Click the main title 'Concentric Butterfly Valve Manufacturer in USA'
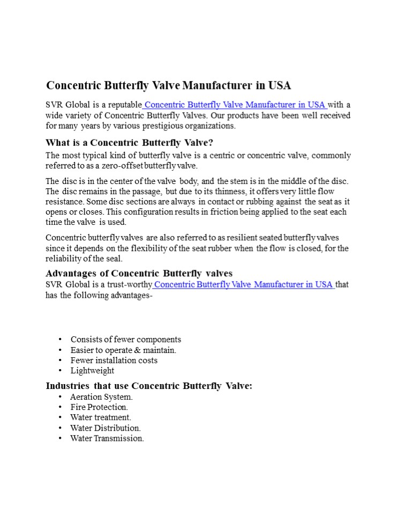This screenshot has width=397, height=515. pos(168,85)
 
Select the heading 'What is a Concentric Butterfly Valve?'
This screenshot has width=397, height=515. pos(130,143)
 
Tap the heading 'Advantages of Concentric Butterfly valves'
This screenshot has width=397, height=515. pos(139,273)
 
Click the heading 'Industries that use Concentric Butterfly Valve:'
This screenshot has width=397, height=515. pos(149,386)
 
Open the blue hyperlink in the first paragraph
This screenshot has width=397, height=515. pos(235,105)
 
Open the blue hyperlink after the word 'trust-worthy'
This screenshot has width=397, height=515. pos(244,284)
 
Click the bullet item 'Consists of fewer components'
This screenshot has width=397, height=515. pos(126,340)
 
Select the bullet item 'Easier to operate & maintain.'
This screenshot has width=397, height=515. pos(123,350)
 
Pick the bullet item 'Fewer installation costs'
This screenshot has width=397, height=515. pos(114,360)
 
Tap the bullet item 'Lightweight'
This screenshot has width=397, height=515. pos(92,370)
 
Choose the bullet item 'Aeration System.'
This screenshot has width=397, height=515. pos(101,397)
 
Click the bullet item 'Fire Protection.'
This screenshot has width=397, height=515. pos(99,407)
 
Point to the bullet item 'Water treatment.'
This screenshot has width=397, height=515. pos(101,417)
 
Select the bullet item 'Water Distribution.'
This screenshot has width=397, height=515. pos(106,428)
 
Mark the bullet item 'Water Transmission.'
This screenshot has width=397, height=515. pos(107,438)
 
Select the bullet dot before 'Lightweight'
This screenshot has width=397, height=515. pos(59,370)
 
